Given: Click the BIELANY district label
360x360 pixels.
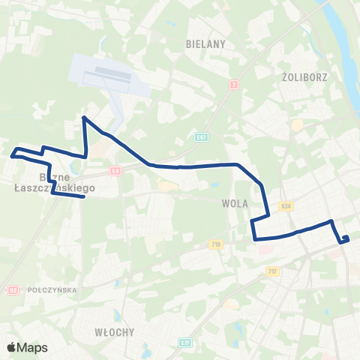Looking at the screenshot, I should point(205,44).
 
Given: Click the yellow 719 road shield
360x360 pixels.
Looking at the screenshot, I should point(217,244).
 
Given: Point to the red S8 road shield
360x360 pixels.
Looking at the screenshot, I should point(115,171).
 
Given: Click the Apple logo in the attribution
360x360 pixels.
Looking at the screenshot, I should point(12,348).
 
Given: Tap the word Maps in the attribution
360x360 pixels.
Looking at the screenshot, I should point(34,348).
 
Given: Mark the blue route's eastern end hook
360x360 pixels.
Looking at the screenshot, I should point(346,238).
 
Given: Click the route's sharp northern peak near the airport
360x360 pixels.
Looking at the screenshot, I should point(83,118).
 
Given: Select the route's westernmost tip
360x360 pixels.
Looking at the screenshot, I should point(12,156).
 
